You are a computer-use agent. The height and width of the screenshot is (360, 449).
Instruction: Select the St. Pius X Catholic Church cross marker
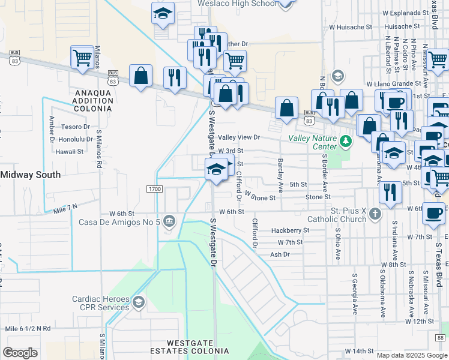[375, 214]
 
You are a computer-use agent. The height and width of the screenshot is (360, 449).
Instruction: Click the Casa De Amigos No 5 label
[119, 222]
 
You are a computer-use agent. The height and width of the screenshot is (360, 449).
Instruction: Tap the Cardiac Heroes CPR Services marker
[139, 301]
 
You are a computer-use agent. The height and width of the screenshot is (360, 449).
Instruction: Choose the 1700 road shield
[154, 189]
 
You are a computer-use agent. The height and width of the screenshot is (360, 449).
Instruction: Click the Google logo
[20, 353]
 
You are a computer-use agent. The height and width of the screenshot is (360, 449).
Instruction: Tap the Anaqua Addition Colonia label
[93, 100]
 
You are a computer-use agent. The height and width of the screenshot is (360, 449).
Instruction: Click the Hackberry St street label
[289, 230]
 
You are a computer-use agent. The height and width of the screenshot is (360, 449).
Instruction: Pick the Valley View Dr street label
[238, 137]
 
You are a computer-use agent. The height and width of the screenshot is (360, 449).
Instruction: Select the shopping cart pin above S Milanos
[82, 58]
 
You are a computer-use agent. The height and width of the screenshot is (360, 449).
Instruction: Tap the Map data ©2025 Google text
[412, 355]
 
